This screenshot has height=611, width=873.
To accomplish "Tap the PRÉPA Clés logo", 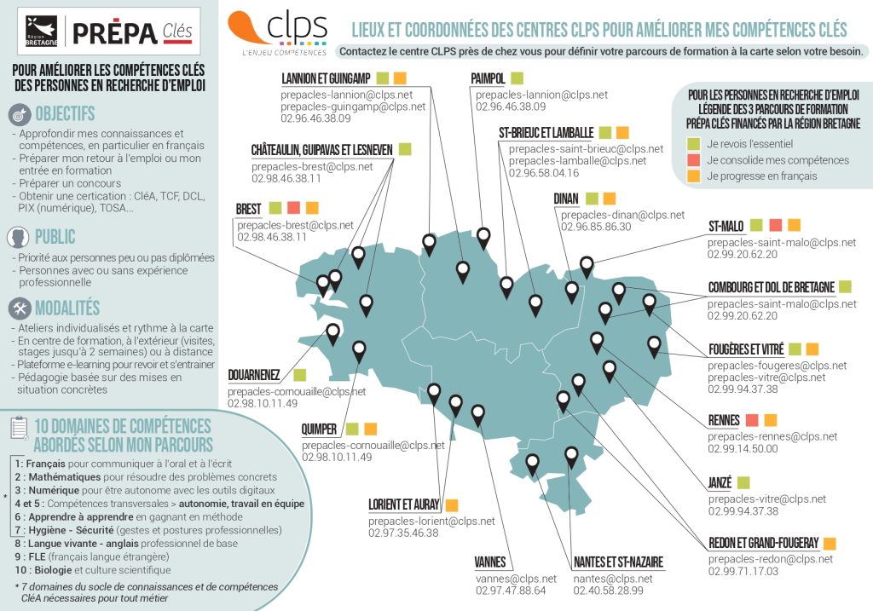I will coord(132,33).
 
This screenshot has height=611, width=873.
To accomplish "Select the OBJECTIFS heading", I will coord(65,113).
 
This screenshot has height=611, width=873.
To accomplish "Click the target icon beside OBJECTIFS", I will coord(19,113).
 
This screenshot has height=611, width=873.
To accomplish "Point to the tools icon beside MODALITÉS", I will coord(19,308).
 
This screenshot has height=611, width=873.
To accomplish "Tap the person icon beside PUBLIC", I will coord(19,237).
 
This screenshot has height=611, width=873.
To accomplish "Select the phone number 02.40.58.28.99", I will coord(608,591).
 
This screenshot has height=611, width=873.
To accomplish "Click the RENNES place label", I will coord(723,420).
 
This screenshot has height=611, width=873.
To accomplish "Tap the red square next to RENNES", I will coord(752,420).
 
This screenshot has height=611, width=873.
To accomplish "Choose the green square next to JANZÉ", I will coord(743,482).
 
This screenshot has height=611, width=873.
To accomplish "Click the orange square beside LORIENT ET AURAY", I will coord(452,504).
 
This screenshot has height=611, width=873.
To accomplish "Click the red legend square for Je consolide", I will coord(693,160).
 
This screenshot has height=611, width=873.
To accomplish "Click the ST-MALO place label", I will coord(726,226).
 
